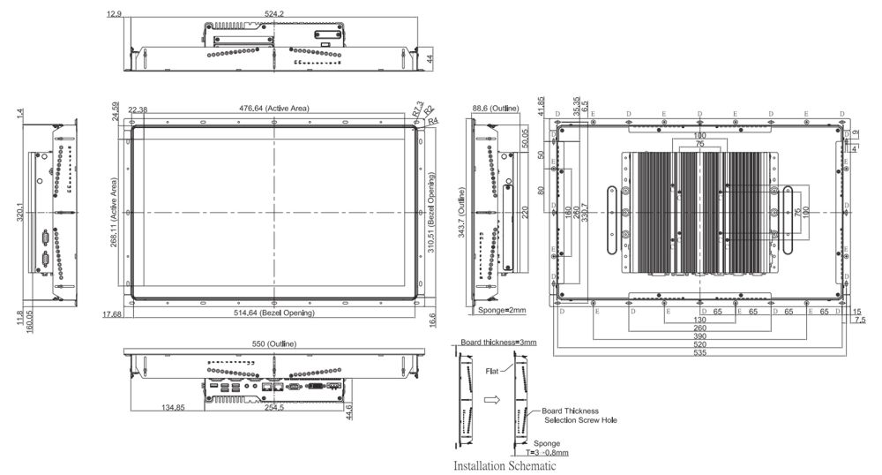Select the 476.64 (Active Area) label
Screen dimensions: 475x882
click(274, 109)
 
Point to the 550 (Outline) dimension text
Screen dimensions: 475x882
click(274, 343)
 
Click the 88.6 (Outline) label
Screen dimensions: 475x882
click(496, 109)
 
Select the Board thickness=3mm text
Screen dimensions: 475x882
click(498, 343)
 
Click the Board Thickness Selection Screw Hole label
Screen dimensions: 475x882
click(578, 416)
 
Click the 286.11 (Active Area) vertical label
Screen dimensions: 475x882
click(116, 214)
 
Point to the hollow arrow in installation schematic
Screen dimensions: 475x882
click(493, 400)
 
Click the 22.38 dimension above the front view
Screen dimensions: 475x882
click(138, 109)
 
